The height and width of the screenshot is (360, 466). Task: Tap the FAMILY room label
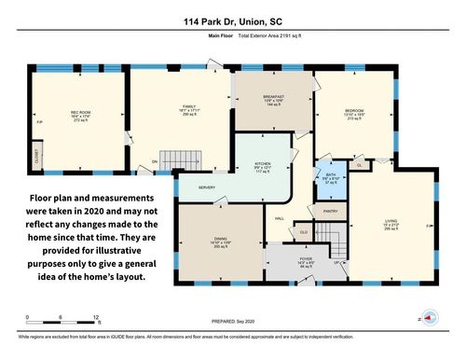point(180,108)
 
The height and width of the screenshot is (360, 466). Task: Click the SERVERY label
point(207,187)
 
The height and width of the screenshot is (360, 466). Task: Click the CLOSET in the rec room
point(36,155)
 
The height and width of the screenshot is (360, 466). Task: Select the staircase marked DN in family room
point(174,158)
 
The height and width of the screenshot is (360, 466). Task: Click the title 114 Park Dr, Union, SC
point(233,20)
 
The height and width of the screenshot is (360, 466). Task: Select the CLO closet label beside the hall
point(303,231)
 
